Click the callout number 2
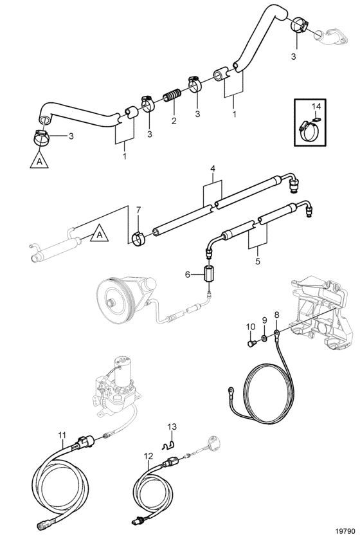[174, 121]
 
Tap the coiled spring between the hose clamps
[172, 95]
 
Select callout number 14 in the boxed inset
[316, 106]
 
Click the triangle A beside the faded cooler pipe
[100, 234]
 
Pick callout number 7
[138, 210]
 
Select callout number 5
[258, 261]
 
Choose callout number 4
[212, 169]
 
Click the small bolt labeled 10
[251, 344]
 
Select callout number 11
[62, 435]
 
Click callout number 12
[148, 456]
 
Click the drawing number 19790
[346, 541]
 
